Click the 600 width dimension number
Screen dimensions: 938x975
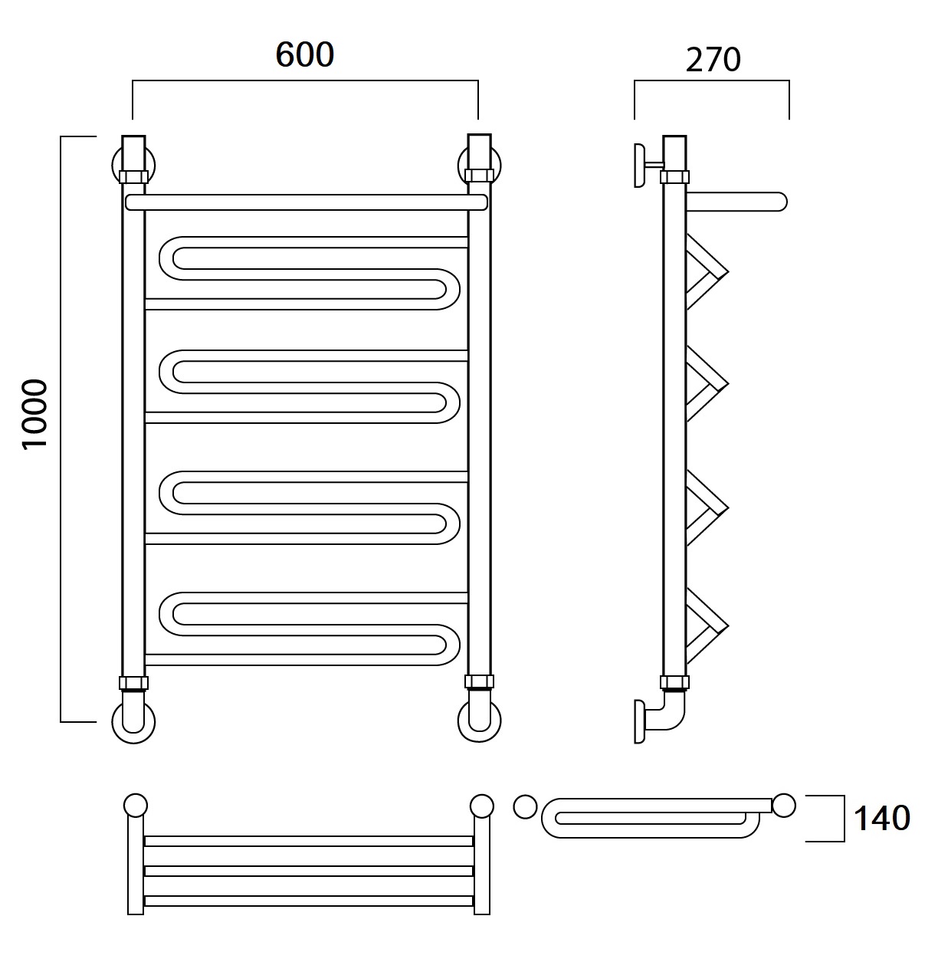click(304, 54)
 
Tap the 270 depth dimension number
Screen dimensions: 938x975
click(713, 60)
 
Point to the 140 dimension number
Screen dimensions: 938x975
click(881, 818)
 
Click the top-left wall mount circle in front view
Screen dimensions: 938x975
click(133, 166)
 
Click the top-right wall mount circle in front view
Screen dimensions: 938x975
click(479, 166)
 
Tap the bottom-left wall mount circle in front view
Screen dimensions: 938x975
click(133, 722)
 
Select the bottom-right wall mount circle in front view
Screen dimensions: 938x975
click(479, 722)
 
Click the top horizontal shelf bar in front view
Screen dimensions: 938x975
click(307, 202)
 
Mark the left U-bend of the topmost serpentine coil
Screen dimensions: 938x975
click(170, 258)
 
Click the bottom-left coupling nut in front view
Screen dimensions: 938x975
click(133, 683)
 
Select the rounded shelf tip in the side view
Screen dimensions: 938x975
click(779, 202)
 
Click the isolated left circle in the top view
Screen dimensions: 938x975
click(526, 806)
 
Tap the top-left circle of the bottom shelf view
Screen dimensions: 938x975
click(136, 806)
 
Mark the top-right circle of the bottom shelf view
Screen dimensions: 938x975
click(482, 806)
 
